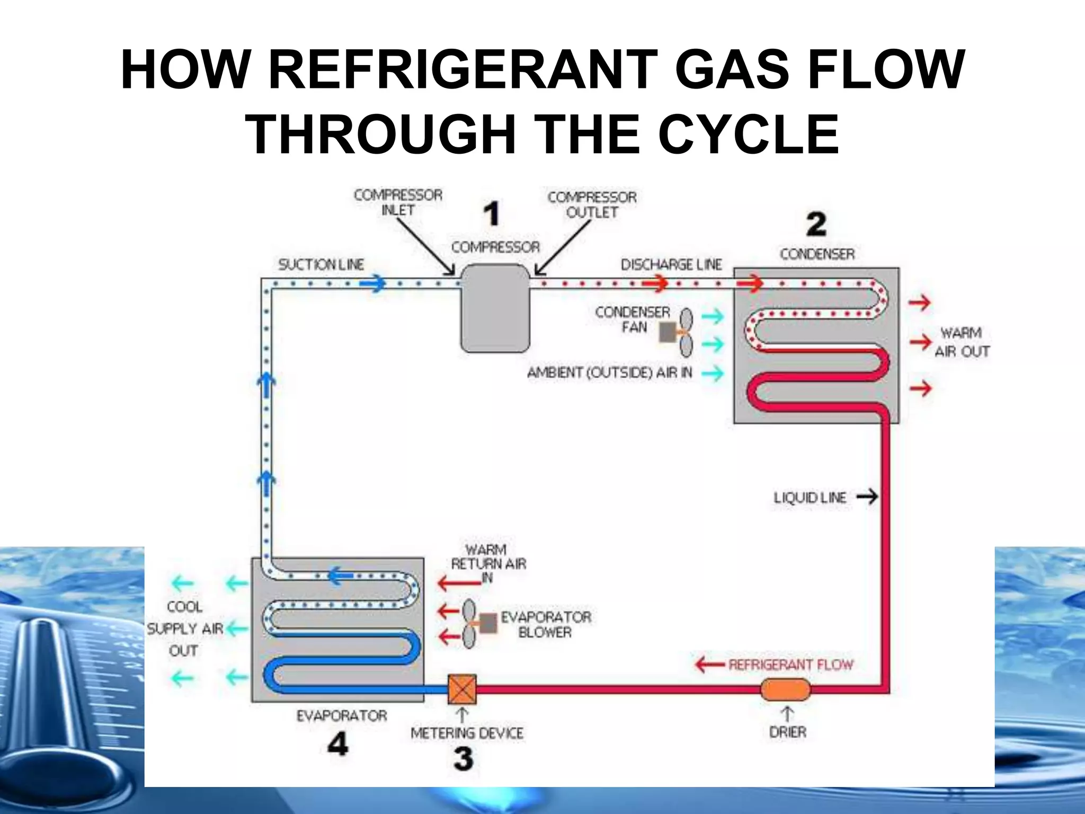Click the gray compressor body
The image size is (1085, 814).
tap(495, 308)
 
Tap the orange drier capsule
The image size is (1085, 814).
tap(785, 689)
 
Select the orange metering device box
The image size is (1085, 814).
tap(463, 689)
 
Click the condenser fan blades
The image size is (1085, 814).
tap(686, 332)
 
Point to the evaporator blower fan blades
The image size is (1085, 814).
tap(469, 624)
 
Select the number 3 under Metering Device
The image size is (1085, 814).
tap(463, 758)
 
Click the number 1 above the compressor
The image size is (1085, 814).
tap(492, 214)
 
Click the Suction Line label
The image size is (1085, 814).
tap(321, 264)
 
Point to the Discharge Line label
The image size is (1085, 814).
tap(671, 264)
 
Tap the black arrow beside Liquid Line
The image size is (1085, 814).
tap(867, 497)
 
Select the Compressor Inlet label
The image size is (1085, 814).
tap(398, 202)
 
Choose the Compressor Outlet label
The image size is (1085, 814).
tap(592, 205)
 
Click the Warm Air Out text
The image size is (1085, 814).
tap(962, 342)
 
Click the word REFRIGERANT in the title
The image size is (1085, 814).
tap(462, 70)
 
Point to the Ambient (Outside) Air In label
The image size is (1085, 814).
tap(609, 373)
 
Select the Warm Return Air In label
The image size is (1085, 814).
tap(488, 563)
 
